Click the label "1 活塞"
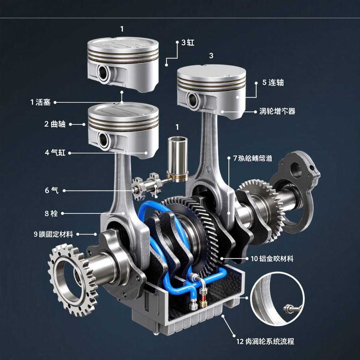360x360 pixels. coord(41,102)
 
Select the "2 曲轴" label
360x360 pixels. coord(55,124)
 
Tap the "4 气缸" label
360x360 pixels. coord(55,153)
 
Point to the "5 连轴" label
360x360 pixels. coord(273,83)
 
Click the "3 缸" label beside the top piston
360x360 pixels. coord(188,43)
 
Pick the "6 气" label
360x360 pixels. coord(52,191)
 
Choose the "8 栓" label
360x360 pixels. coord(51,213)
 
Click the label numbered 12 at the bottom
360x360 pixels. coord(265,341)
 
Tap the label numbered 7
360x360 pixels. coord(252,159)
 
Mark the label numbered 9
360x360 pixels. coord(53,234)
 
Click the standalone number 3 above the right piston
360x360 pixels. coord(211,56)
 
